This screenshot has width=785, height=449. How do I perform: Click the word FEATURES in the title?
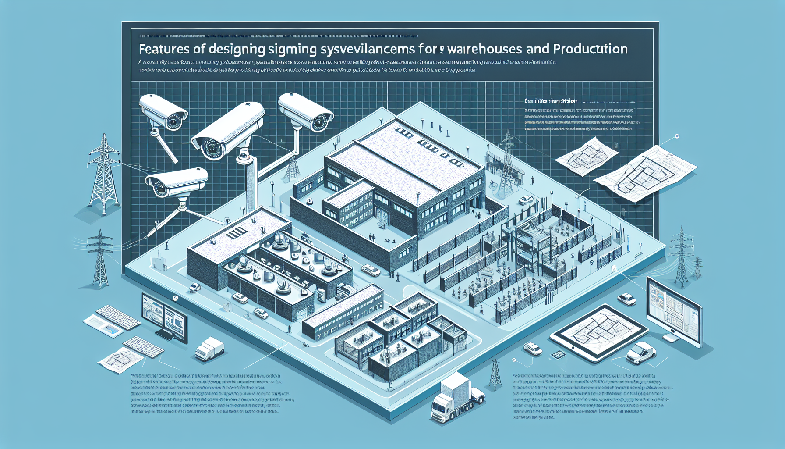pyautogui.click(x=164, y=49)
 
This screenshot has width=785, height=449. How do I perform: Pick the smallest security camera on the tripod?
pyautogui.click(x=175, y=182)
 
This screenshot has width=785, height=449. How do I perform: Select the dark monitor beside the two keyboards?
pyautogui.click(x=164, y=317)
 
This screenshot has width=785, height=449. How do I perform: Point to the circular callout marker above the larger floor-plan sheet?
pyautogui.click(x=677, y=136)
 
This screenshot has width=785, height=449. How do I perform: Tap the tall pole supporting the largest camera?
pyautogui.click(x=250, y=184)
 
